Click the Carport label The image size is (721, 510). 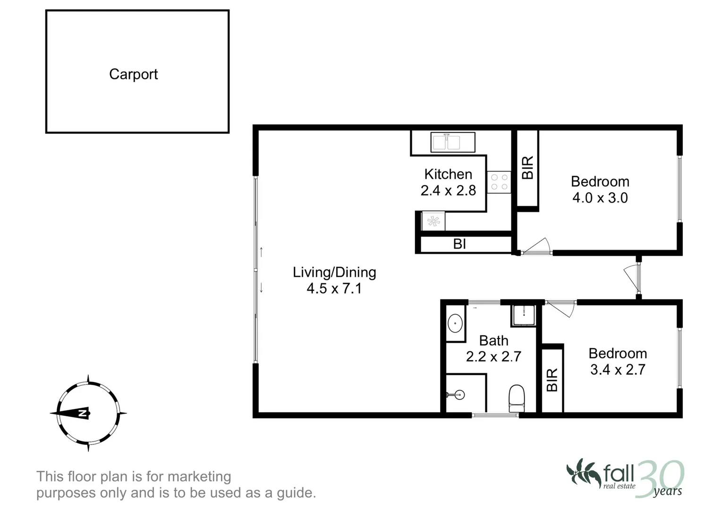(133, 74)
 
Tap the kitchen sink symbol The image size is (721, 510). (452, 142)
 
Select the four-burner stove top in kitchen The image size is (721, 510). (499, 182)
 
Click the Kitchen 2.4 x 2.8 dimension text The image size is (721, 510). (448, 190)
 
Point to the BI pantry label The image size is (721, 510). (459, 244)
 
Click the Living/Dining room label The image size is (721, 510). (334, 272)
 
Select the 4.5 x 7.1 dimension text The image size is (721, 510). (334, 288)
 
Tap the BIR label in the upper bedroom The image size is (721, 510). (527, 168)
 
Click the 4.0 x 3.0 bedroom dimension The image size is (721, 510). (600, 197)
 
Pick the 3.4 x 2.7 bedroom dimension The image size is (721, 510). (618, 369)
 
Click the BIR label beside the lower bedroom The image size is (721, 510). (552, 380)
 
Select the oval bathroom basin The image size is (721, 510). (455, 324)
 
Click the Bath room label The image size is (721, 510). (493, 340)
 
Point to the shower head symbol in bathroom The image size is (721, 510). (456, 394)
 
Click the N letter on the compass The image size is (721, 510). (82, 414)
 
